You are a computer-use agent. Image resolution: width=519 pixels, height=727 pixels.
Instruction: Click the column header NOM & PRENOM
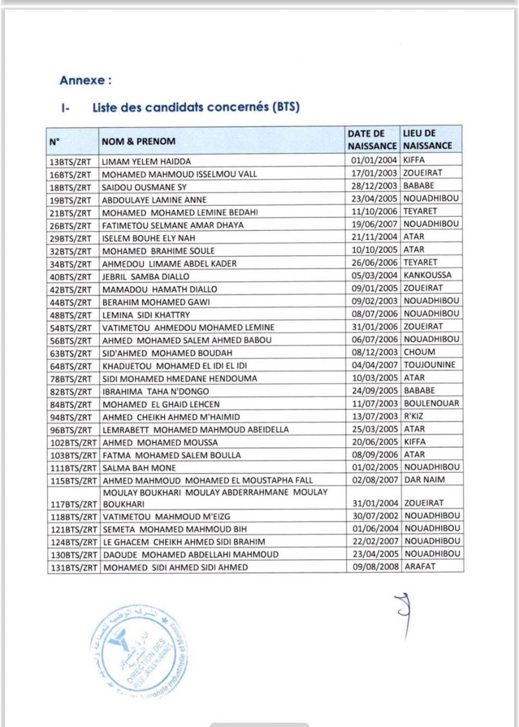(138, 141)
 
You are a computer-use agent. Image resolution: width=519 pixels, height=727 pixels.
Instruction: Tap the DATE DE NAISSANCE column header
(372, 139)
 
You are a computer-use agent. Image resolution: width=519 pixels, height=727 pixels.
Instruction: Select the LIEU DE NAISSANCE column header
(428, 139)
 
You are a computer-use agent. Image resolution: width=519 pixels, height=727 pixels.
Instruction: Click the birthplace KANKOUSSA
(426, 275)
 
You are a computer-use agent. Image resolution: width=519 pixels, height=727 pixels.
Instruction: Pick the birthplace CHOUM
(419, 352)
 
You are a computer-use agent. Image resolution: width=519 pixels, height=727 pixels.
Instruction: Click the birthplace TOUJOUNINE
(429, 365)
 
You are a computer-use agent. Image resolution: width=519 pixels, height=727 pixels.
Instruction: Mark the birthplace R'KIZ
(414, 416)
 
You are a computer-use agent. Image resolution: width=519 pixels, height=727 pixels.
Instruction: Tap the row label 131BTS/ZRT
(71, 567)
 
